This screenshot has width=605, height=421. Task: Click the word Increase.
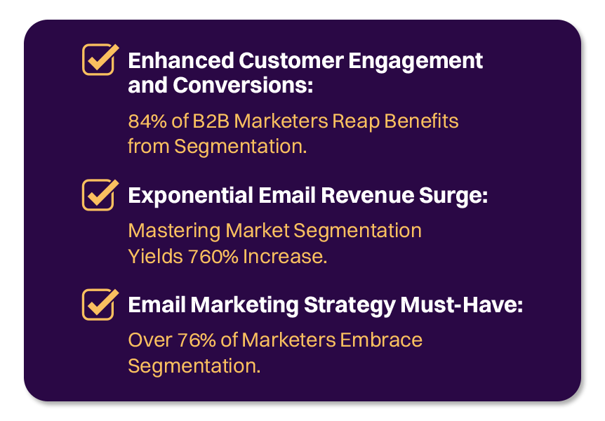pyautogui.click(x=285, y=257)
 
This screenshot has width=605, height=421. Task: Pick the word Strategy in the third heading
pyautogui.click(x=347, y=306)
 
